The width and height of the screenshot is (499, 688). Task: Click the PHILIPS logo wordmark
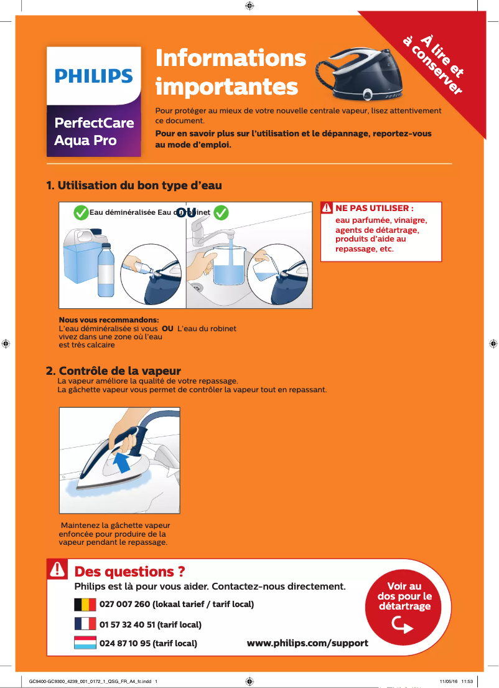point(93,76)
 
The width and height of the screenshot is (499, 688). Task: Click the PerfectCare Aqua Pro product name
point(93,131)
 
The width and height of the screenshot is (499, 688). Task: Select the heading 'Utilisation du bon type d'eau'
point(134,186)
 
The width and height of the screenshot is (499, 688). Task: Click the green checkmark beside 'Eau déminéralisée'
point(80,213)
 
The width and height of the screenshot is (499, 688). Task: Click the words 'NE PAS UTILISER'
point(374,208)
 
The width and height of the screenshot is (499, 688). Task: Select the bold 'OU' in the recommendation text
point(167,329)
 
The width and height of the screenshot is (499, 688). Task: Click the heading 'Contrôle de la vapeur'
point(113,372)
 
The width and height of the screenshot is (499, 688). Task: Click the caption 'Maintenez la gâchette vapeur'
point(115,525)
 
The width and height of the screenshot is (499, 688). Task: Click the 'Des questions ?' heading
point(129,571)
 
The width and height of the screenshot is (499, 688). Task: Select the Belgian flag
point(85,605)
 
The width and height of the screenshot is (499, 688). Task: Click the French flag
point(85,624)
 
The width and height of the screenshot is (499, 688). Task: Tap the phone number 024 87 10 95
point(148,643)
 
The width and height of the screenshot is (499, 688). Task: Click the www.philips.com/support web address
point(307,643)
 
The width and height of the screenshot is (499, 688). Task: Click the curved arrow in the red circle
point(404,624)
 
